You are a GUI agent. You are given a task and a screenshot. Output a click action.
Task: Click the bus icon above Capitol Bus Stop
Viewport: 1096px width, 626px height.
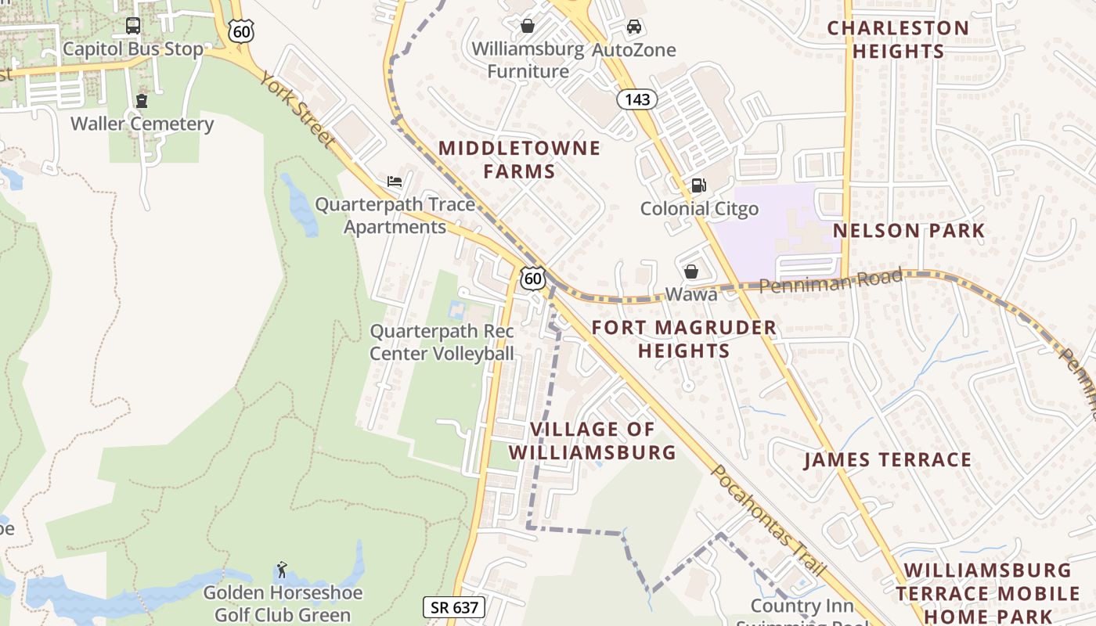point(133,26)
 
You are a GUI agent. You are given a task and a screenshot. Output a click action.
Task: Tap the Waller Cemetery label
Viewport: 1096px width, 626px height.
point(142,124)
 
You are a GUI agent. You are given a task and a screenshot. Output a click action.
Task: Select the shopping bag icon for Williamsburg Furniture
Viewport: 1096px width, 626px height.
point(528,26)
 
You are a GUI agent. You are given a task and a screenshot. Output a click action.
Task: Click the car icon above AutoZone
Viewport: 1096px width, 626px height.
point(634,27)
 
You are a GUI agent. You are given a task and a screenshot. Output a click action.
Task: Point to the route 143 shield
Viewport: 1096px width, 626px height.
point(636,99)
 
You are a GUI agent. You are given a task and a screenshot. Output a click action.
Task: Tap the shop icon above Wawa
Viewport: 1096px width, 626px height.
point(691,272)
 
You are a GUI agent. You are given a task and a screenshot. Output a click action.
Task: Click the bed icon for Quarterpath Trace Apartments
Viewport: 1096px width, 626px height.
point(395,182)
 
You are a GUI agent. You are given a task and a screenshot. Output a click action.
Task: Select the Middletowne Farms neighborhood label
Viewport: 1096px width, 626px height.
point(519,160)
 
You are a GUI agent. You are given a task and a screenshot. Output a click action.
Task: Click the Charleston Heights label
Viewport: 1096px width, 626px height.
point(898,40)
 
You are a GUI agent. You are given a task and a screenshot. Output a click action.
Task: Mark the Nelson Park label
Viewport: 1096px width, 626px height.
point(909,231)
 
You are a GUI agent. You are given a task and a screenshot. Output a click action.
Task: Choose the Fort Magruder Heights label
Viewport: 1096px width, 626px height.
point(684,339)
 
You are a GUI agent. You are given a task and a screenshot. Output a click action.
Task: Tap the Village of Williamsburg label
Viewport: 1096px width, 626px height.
point(593,441)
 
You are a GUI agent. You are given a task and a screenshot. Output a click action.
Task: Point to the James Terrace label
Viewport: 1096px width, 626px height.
point(888,460)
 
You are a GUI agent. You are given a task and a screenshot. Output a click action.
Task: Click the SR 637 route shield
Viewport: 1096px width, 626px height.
point(454,606)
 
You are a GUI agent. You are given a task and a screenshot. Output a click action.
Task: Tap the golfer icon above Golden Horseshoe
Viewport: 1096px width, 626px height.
point(282,569)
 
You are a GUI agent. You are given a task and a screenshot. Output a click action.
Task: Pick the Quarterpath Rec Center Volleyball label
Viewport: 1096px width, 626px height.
point(442,343)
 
